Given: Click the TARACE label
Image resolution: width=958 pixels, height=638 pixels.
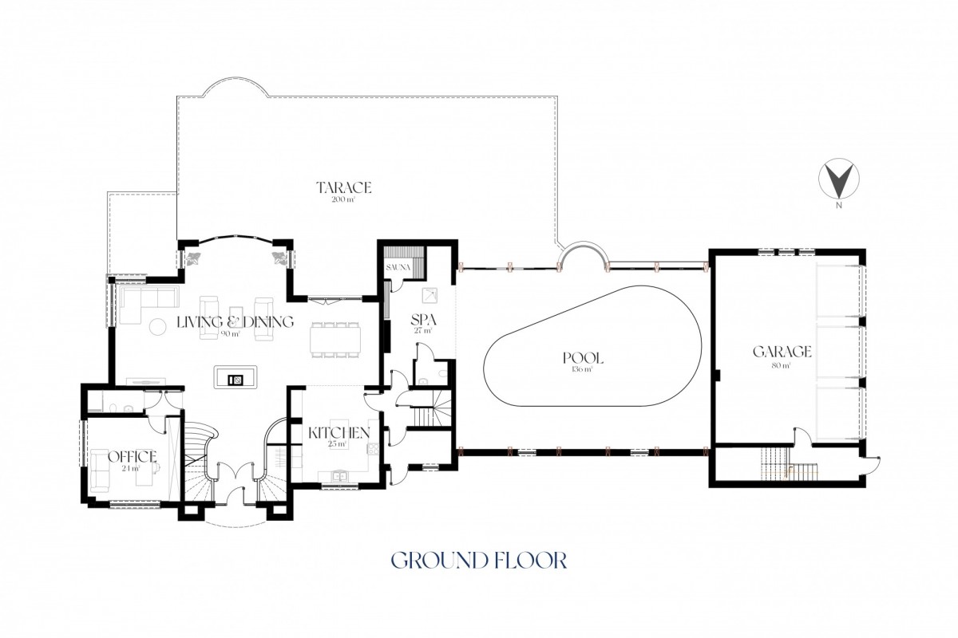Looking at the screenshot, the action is (343, 187).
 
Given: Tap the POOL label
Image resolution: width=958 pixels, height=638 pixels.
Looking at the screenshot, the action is (583, 358).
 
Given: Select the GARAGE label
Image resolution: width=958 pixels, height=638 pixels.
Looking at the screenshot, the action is (782, 352).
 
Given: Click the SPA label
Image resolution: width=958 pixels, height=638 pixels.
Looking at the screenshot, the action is (423, 320).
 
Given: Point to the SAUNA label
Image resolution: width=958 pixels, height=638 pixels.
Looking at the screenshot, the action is (398, 267).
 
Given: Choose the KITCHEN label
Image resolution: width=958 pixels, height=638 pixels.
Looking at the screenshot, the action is (339, 433).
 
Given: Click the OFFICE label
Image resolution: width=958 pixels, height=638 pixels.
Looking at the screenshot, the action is (133, 456).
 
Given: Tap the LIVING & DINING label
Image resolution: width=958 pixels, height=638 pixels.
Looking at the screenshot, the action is (236, 321).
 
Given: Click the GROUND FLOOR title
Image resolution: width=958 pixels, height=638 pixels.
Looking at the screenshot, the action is (479, 560).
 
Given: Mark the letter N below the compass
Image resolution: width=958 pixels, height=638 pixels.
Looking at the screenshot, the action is (839, 205).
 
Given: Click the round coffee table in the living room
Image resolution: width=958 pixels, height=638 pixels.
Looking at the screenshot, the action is (157, 327).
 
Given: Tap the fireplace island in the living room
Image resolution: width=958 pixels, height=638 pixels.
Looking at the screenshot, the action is (236, 376).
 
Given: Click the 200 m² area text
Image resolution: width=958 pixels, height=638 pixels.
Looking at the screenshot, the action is (343, 199).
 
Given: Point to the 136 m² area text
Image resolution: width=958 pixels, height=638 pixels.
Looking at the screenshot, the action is (582, 368).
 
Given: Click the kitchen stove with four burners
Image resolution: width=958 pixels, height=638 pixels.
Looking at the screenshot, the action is (373, 449).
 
